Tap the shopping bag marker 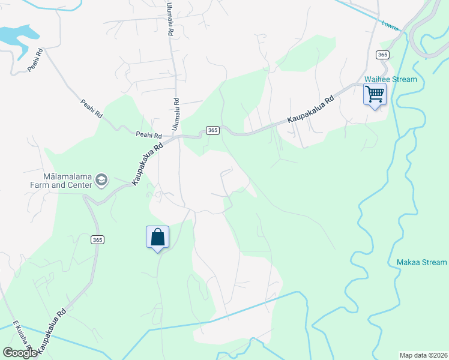click(157, 237)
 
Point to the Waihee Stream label click(391, 79)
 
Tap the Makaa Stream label click(421, 262)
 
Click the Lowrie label click(390, 24)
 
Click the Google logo click(20, 353)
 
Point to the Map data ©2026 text click(423, 355)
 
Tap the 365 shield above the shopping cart click(383, 55)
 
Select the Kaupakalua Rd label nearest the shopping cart click(310, 110)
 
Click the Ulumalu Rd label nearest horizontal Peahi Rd click(176, 114)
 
